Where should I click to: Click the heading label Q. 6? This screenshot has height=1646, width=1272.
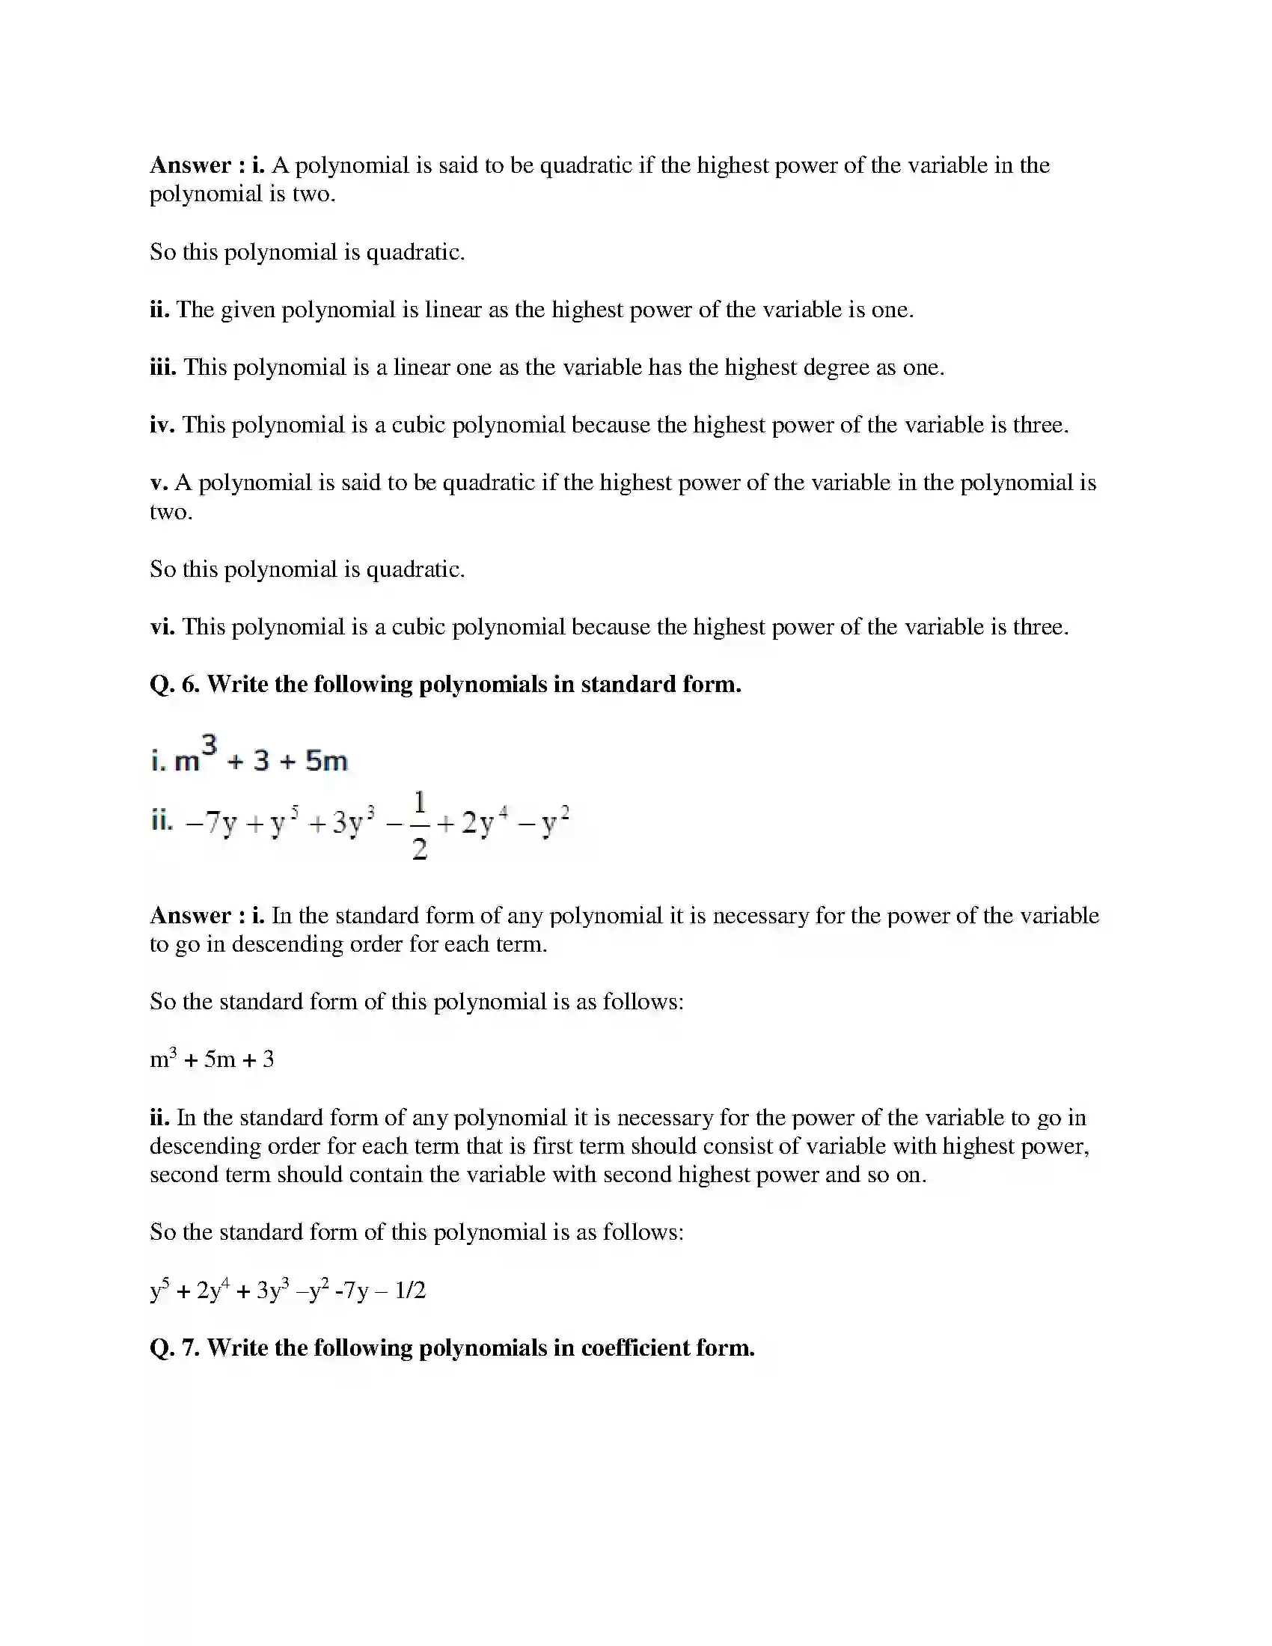(x=174, y=684)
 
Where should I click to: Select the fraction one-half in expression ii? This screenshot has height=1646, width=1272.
(x=420, y=824)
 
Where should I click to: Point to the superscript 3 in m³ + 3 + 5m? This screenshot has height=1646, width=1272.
(x=209, y=745)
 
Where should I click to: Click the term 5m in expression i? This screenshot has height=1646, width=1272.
(x=326, y=761)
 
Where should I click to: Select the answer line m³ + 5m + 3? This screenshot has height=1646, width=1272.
(x=212, y=1059)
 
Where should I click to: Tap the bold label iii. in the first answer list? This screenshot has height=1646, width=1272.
(x=163, y=367)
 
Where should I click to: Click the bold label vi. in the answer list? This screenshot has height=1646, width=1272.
(x=162, y=626)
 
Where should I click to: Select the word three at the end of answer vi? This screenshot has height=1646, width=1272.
(x=1040, y=626)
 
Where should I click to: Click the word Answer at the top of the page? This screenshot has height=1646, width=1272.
(x=191, y=165)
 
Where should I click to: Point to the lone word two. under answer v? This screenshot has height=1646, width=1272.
(x=171, y=512)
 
